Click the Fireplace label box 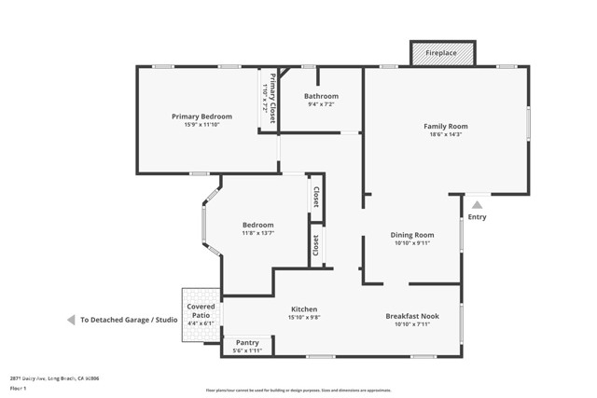coord(442,53)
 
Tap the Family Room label coord(445,126)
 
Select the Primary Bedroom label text coord(201,117)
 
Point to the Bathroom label coord(321,96)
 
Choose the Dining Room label coord(412,235)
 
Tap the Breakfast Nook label coord(412,316)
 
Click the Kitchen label coord(304,309)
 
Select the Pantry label coord(247,342)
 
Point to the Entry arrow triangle coord(477,205)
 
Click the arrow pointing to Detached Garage coord(70,320)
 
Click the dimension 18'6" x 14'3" coord(445,135)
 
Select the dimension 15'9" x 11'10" coord(201,126)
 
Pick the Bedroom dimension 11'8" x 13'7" coord(257,234)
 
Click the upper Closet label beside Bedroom coord(316,197)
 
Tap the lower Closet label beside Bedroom coord(316,245)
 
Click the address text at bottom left coord(54,378)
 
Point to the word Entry coord(477,217)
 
